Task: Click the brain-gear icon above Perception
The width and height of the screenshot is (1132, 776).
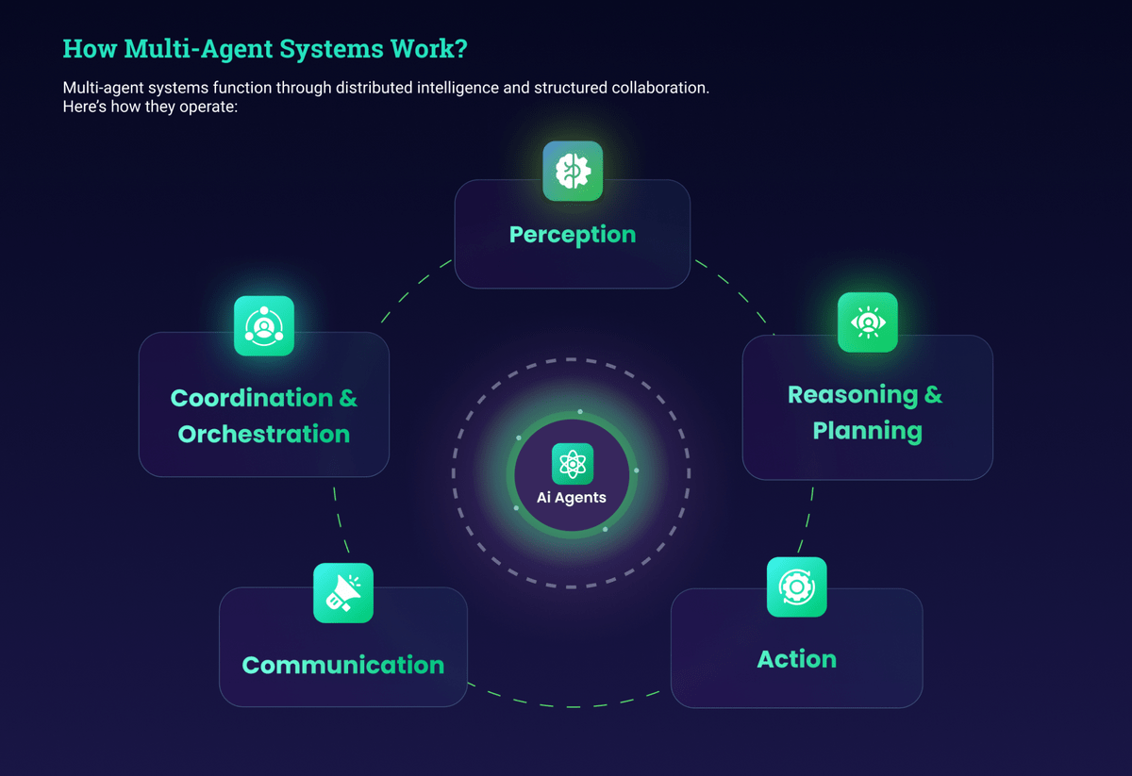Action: (573, 171)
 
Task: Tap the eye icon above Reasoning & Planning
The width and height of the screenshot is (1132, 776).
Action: (868, 322)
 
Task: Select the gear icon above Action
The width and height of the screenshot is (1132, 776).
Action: (797, 586)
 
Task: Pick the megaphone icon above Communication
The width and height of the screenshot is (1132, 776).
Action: (343, 593)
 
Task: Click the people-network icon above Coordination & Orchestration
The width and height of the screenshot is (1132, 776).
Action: (264, 326)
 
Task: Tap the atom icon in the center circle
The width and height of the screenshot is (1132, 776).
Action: (573, 464)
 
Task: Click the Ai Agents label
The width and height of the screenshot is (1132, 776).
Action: (572, 498)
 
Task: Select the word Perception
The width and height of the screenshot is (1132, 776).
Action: (573, 234)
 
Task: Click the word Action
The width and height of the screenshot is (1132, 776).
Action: (797, 658)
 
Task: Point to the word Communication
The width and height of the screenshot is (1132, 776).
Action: (343, 665)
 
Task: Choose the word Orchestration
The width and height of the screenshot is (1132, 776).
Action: (264, 434)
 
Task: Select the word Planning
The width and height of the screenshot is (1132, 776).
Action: (868, 431)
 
